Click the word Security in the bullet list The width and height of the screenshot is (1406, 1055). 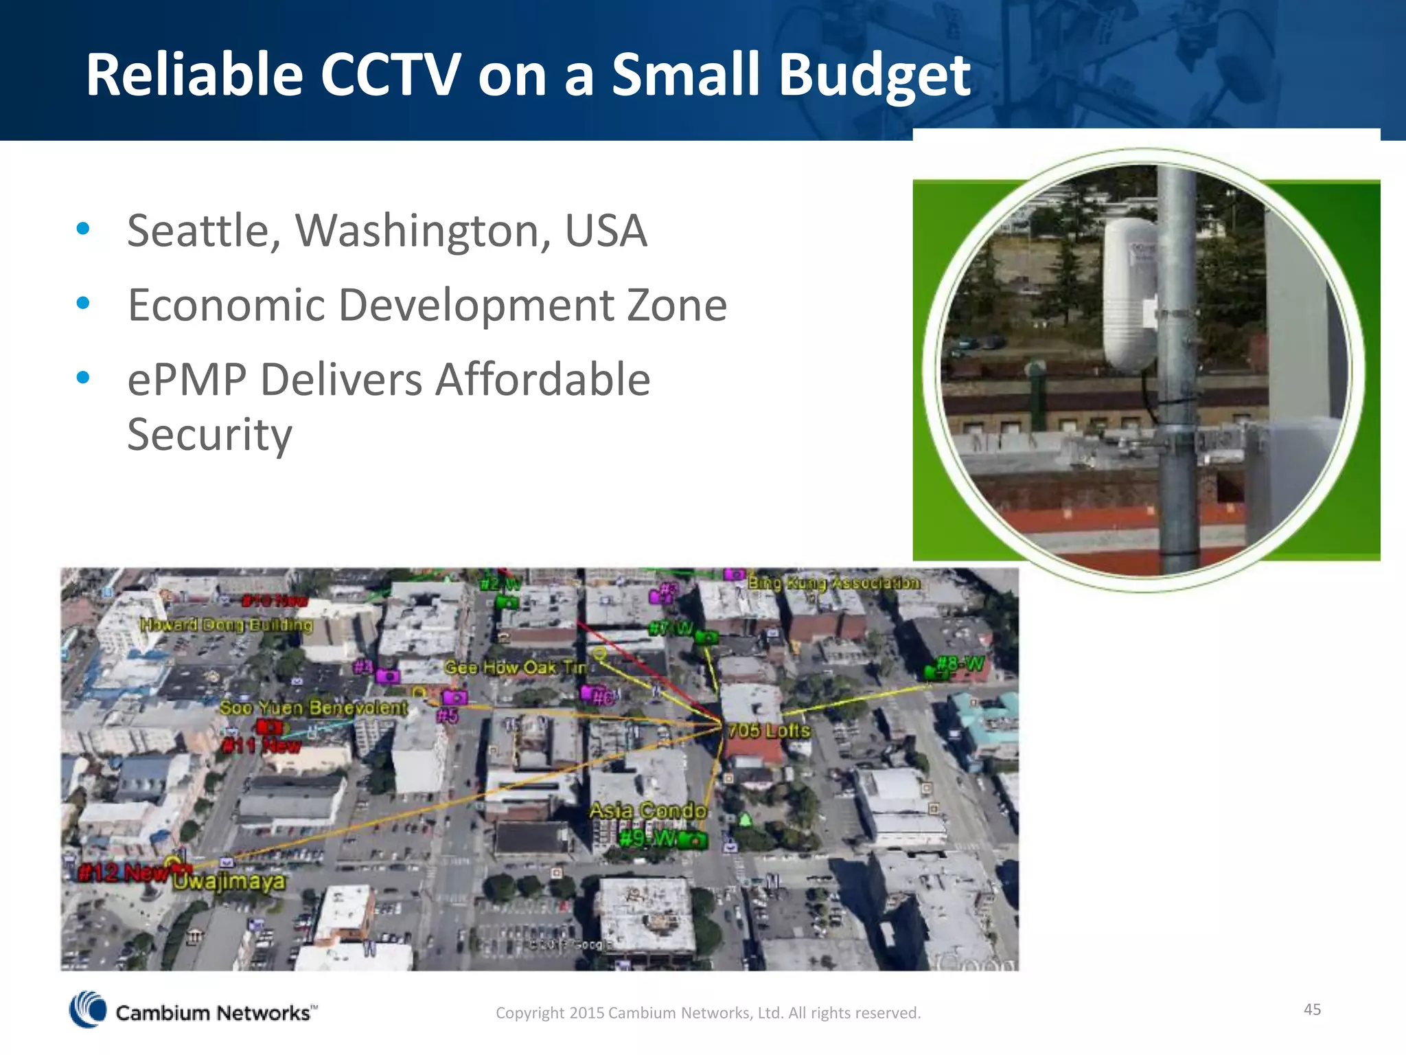209,435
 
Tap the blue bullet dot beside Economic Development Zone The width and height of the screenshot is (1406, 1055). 83,303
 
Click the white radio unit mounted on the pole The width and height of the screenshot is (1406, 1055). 1129,295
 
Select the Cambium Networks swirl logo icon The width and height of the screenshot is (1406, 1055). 88,1010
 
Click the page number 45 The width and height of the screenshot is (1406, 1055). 1312,1009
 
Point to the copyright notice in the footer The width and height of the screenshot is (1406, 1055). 708,1013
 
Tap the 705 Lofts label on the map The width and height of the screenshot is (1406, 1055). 769,731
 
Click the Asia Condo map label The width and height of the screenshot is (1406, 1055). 647,811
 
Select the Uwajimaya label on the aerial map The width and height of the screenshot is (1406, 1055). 229,881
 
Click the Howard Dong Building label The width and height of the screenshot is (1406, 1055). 226,625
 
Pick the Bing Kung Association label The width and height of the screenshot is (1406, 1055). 833,583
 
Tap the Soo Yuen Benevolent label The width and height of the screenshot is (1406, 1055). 313,707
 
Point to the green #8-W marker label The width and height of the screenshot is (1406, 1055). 961,664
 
